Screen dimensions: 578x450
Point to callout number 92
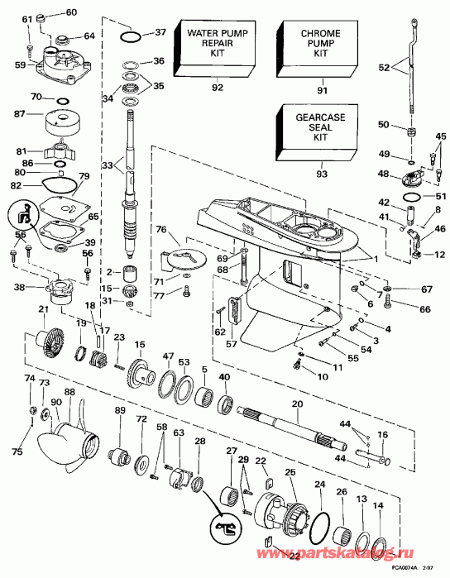pyautogui.click(x=218, y=86)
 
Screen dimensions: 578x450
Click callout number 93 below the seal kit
pyautogui.click(x=321, y=174)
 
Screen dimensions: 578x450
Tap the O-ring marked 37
pyautogui.click(x=129, y=36)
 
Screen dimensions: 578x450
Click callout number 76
pyautogui.click(x=161, y=229)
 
